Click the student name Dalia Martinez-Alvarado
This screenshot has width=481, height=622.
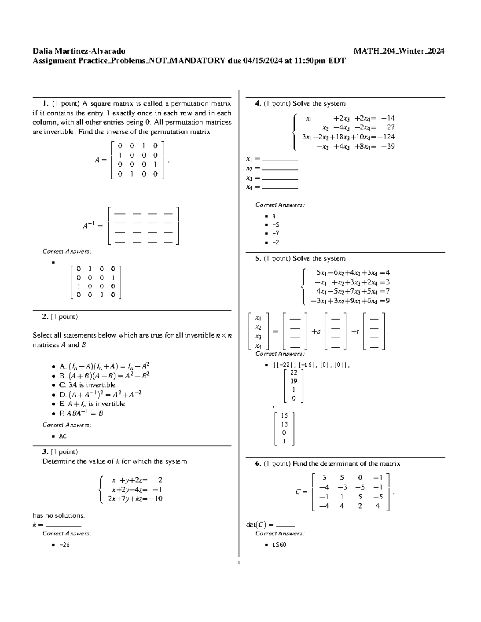tap(79, 51)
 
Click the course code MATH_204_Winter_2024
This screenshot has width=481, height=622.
tap(399, 51)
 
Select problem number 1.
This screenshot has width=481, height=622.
tap(46, 103)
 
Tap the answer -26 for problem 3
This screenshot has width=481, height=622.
tap(64, 545)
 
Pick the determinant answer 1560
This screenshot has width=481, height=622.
tap(279, 545)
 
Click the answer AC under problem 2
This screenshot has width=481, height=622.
tap(63, 436)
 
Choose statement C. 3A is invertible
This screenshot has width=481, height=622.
tap(87, 385)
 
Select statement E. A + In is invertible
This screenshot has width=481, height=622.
tap(92, 404)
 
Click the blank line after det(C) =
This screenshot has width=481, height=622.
tap(285, 525)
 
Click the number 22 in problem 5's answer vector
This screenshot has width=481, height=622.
tap(293, 372)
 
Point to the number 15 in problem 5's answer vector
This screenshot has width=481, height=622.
tap(284, 416)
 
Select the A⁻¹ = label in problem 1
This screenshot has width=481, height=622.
tap(93, 226)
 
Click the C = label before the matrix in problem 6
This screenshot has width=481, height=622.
tap(301, 492)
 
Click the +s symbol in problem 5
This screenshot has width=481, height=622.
tap(316, 332)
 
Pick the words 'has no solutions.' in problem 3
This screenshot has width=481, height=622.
tap(59, 515)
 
